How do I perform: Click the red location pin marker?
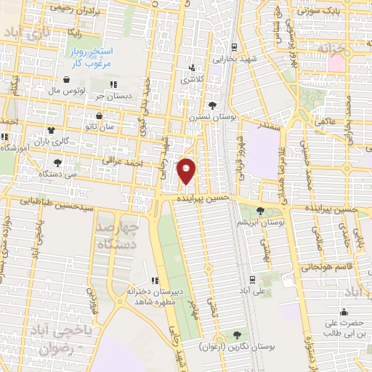[187, 171]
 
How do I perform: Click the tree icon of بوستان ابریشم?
[260, 210]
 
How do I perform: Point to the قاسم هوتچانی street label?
[341, 267]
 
